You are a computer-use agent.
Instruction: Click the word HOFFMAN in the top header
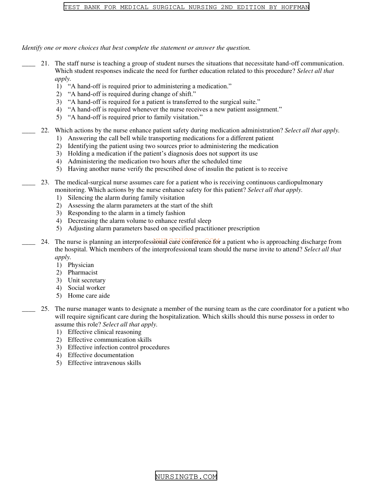click(x=295, y=7)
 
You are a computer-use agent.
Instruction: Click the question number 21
click(x=45, y=64)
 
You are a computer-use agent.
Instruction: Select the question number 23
click(x=45, y=182)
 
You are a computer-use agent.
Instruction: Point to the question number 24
click(x=45, y=242)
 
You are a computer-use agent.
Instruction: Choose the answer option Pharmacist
click(x=82, y=273)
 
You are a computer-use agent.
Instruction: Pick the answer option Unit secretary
click(x=87, y=280)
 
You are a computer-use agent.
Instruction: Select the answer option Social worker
click(x=87, y=288)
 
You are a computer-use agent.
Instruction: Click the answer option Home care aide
click(x=89, y=296)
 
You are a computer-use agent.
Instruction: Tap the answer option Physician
click(x=81, y=265)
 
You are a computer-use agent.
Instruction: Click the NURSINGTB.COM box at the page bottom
click(x=186, y=476)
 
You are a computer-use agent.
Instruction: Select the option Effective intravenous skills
click(x=104, y=363)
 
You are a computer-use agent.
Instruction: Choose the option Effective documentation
click(x=101, y=355)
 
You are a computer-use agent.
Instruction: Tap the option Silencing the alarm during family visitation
click(x=126, y=198)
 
